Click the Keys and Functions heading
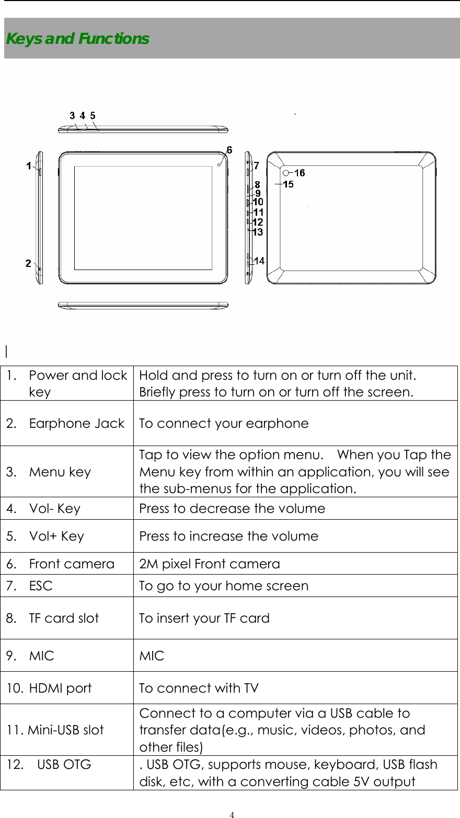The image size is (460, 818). click(x=77, y=39)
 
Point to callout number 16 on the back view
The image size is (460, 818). click(x=300, y=173)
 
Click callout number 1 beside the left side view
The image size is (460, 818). click(x=29, y=166)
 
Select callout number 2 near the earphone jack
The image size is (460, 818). click(x=28, y=263)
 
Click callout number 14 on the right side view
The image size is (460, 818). click(x=259, y=261)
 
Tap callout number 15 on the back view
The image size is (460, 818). click(x=288, y=184)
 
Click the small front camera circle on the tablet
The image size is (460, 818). click(x=220, y=165)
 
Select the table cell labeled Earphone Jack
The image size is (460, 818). click(x=76, y=423)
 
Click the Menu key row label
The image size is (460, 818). click(x=60, y=472)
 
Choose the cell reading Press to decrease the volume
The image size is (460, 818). click(x=232, y=509)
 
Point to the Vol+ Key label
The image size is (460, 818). click(x=56, y=536)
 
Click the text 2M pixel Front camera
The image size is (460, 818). click(x=209, y=564)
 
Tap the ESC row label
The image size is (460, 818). click(x=41, y=586)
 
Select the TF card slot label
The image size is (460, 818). click(x=64, y=618)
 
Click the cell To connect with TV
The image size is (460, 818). click(x=199, y=688)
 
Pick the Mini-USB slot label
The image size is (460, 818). click(x=66, y=730)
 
